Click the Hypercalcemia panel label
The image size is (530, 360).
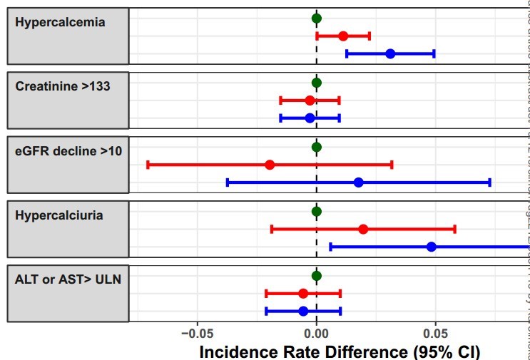[x=60, y=22]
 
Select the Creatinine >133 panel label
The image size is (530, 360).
[x=62, y=86]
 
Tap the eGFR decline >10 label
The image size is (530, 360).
[x=68, y=150]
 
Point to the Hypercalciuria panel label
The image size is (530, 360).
[x=58, y=215]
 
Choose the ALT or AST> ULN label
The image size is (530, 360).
[x=68, y=279]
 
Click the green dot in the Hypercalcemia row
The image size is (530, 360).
[x=317, y=19]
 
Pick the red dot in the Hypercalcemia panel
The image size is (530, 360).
[x=343, y=36]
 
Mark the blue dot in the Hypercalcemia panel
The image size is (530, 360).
[x=390, y=54]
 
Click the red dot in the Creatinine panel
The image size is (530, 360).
[x=310, y=101]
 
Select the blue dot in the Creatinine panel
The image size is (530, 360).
[x=310, y=118]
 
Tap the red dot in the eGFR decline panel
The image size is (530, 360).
[x=270, y=165]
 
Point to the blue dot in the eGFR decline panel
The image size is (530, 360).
[x=358, y=182]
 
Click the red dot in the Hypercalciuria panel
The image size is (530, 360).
[x=363, y=229]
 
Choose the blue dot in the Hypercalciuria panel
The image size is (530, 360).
[x=431, y=247]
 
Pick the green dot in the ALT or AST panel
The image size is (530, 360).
[x=317, y=276]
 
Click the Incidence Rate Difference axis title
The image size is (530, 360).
[x=340, y=351]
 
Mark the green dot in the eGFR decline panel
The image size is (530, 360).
[x=317, y=148]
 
